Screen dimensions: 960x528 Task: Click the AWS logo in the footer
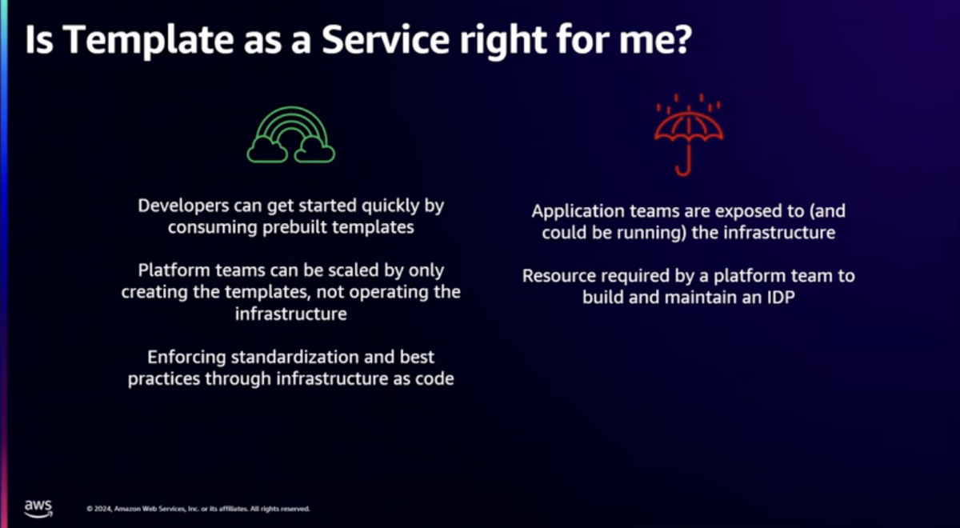tap(38, 508)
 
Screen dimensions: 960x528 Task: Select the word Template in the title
tap(148, 40)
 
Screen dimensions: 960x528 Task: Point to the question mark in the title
tap(682, 39)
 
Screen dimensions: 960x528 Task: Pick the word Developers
tap(183, 206)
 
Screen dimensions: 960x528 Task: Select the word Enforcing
tap(186, 358)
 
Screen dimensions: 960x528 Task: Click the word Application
tap(578, 212)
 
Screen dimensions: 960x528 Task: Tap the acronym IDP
tap(781, 297)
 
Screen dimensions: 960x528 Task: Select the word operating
tap(387, 293)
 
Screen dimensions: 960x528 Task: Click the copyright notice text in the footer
tap(198, 509)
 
